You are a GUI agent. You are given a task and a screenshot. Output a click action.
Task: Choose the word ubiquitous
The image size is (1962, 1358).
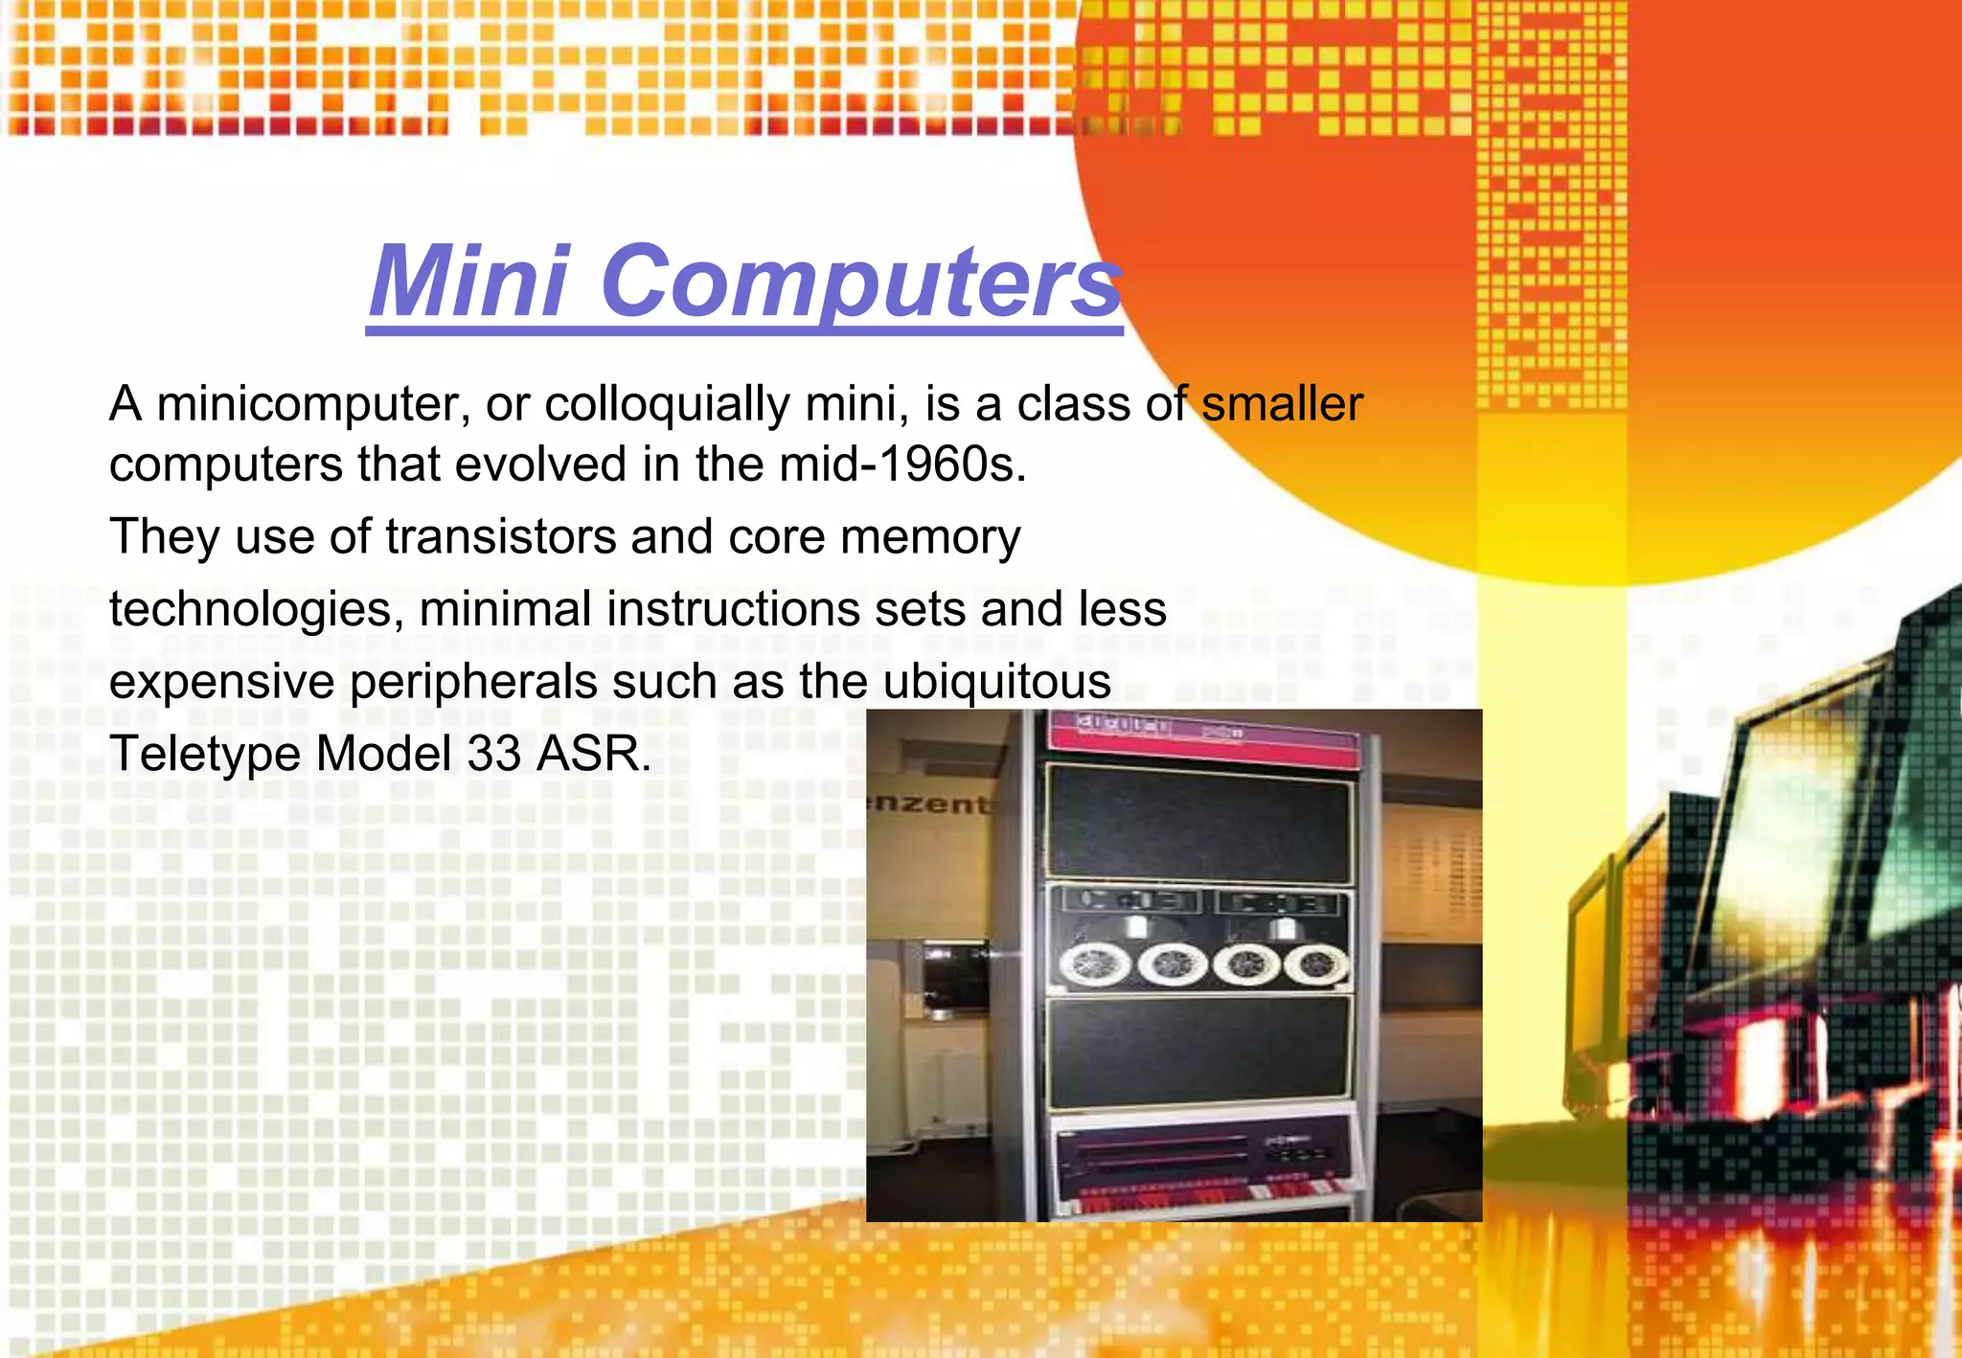coord(996,682)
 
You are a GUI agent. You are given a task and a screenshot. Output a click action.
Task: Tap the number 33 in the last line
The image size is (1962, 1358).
coord(494,754)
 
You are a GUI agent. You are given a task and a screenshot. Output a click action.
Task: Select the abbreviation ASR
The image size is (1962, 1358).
coord(594,754)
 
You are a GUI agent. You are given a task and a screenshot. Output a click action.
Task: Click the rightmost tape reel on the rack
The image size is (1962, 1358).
coord(1317,965)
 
